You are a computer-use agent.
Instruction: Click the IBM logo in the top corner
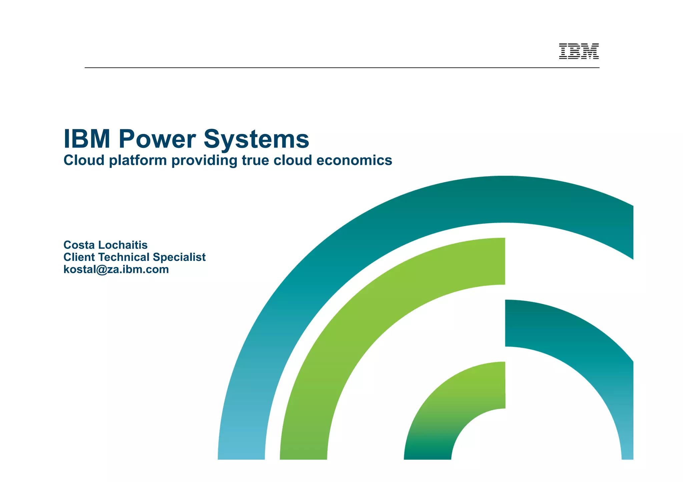click(x=579, y=51)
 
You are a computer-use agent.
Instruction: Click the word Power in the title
click(x=157, y=139)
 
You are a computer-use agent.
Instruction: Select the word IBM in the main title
click(x=87, y=139)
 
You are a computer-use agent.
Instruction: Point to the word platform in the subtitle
click(x=138, y=161)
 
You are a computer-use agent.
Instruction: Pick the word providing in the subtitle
click(x=204, y=161)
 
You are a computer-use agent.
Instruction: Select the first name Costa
click(x=79, y=245)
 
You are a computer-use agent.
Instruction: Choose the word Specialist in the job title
click(x=179, y=257)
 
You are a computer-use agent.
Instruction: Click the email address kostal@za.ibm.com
click(x=116, y=269)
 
